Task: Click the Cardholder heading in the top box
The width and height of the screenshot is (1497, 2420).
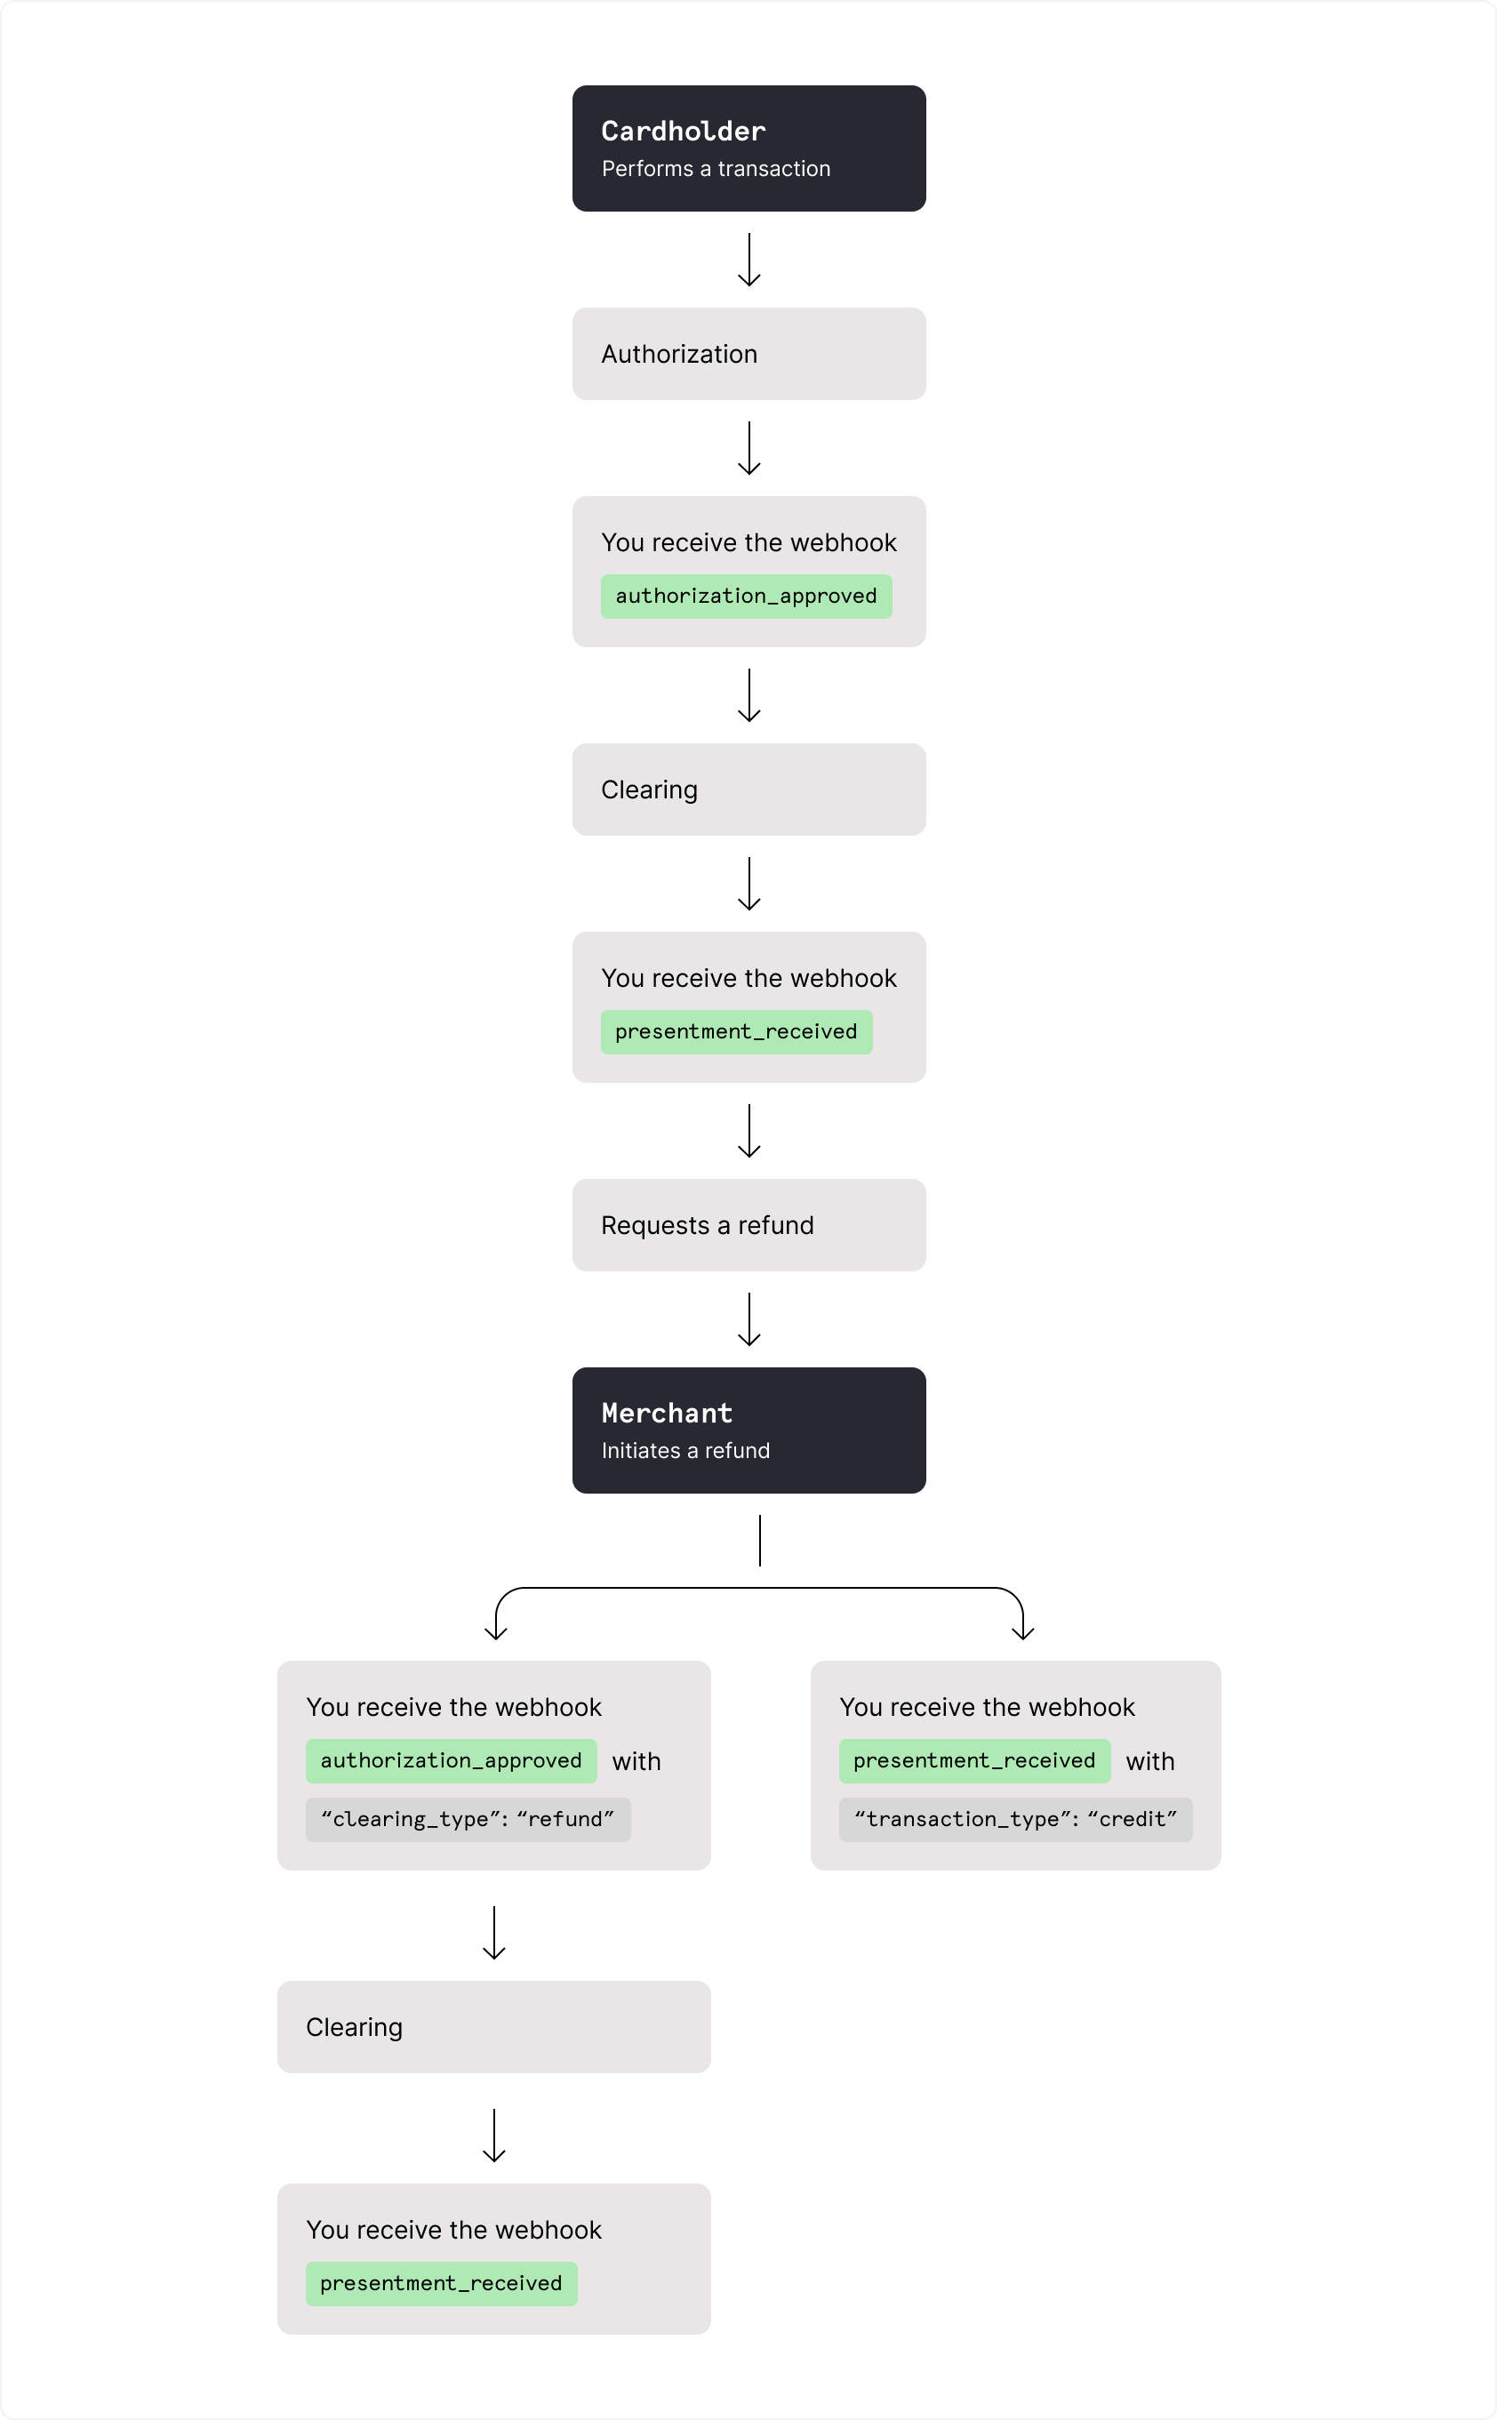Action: (682, 131)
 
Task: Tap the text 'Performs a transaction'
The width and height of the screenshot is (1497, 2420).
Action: (715, 168)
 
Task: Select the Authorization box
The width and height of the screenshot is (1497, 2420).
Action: (748, 354)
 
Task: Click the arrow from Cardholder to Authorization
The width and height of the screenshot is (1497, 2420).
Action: (748, 260)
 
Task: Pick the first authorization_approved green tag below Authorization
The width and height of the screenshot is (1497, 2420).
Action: (746, 596)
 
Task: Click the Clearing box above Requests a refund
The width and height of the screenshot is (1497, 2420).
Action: (748, 789)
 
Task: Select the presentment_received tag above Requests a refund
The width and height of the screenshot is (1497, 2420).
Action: (736, 1032)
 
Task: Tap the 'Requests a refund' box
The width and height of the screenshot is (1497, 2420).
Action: (748, 1225)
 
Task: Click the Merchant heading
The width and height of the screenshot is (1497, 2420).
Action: (667, 1413)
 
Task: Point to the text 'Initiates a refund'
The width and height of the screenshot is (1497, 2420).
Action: (685, 1451)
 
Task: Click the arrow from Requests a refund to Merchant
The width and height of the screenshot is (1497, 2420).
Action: (748, 1319)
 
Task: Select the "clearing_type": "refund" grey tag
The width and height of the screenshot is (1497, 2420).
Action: (468, 1820)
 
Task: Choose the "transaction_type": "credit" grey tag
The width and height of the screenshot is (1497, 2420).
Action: (1015, 1820)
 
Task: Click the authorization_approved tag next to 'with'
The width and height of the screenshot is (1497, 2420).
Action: (451, 1760)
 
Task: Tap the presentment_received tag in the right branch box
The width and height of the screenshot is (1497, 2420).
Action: (973, 1760)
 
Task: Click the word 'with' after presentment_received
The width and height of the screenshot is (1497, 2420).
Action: (1149, 1761)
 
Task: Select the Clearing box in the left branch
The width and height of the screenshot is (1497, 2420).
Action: (493, 2027)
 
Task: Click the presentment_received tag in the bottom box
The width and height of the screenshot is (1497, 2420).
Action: (441, 2283)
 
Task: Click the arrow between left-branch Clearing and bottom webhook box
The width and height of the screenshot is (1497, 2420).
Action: (493, 2135)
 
